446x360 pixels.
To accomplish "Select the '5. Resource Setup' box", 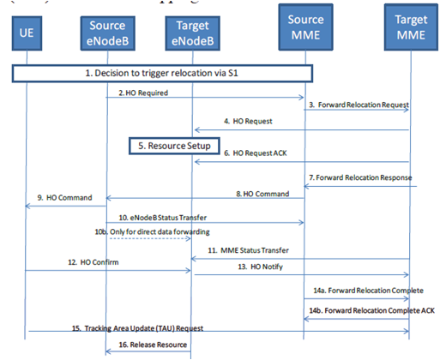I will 175,146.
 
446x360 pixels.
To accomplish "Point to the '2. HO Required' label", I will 143,92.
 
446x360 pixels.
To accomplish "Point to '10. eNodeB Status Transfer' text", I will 164,218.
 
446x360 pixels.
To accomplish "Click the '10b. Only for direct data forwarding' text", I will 152,232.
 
